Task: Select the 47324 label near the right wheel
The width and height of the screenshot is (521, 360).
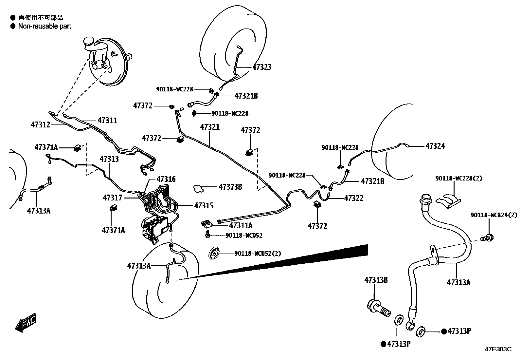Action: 435,146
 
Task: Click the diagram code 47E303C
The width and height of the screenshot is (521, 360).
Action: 498,349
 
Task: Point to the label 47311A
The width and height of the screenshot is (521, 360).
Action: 241,225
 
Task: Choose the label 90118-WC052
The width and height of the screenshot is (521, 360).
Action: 244,236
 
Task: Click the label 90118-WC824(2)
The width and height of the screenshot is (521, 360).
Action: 494,215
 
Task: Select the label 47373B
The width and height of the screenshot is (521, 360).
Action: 230,187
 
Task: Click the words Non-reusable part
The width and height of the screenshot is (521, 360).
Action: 45,26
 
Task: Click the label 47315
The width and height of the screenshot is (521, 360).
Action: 204,206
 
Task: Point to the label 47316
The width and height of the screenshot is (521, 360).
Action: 166,179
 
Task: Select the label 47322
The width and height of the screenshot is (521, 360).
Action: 353,199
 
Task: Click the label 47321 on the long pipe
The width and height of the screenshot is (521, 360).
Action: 210,127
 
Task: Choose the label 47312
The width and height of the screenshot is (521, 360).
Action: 41,124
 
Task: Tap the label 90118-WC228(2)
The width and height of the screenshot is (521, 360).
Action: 454,179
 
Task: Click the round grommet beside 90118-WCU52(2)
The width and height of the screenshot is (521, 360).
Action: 214,254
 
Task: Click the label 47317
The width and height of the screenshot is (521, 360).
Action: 113,198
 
